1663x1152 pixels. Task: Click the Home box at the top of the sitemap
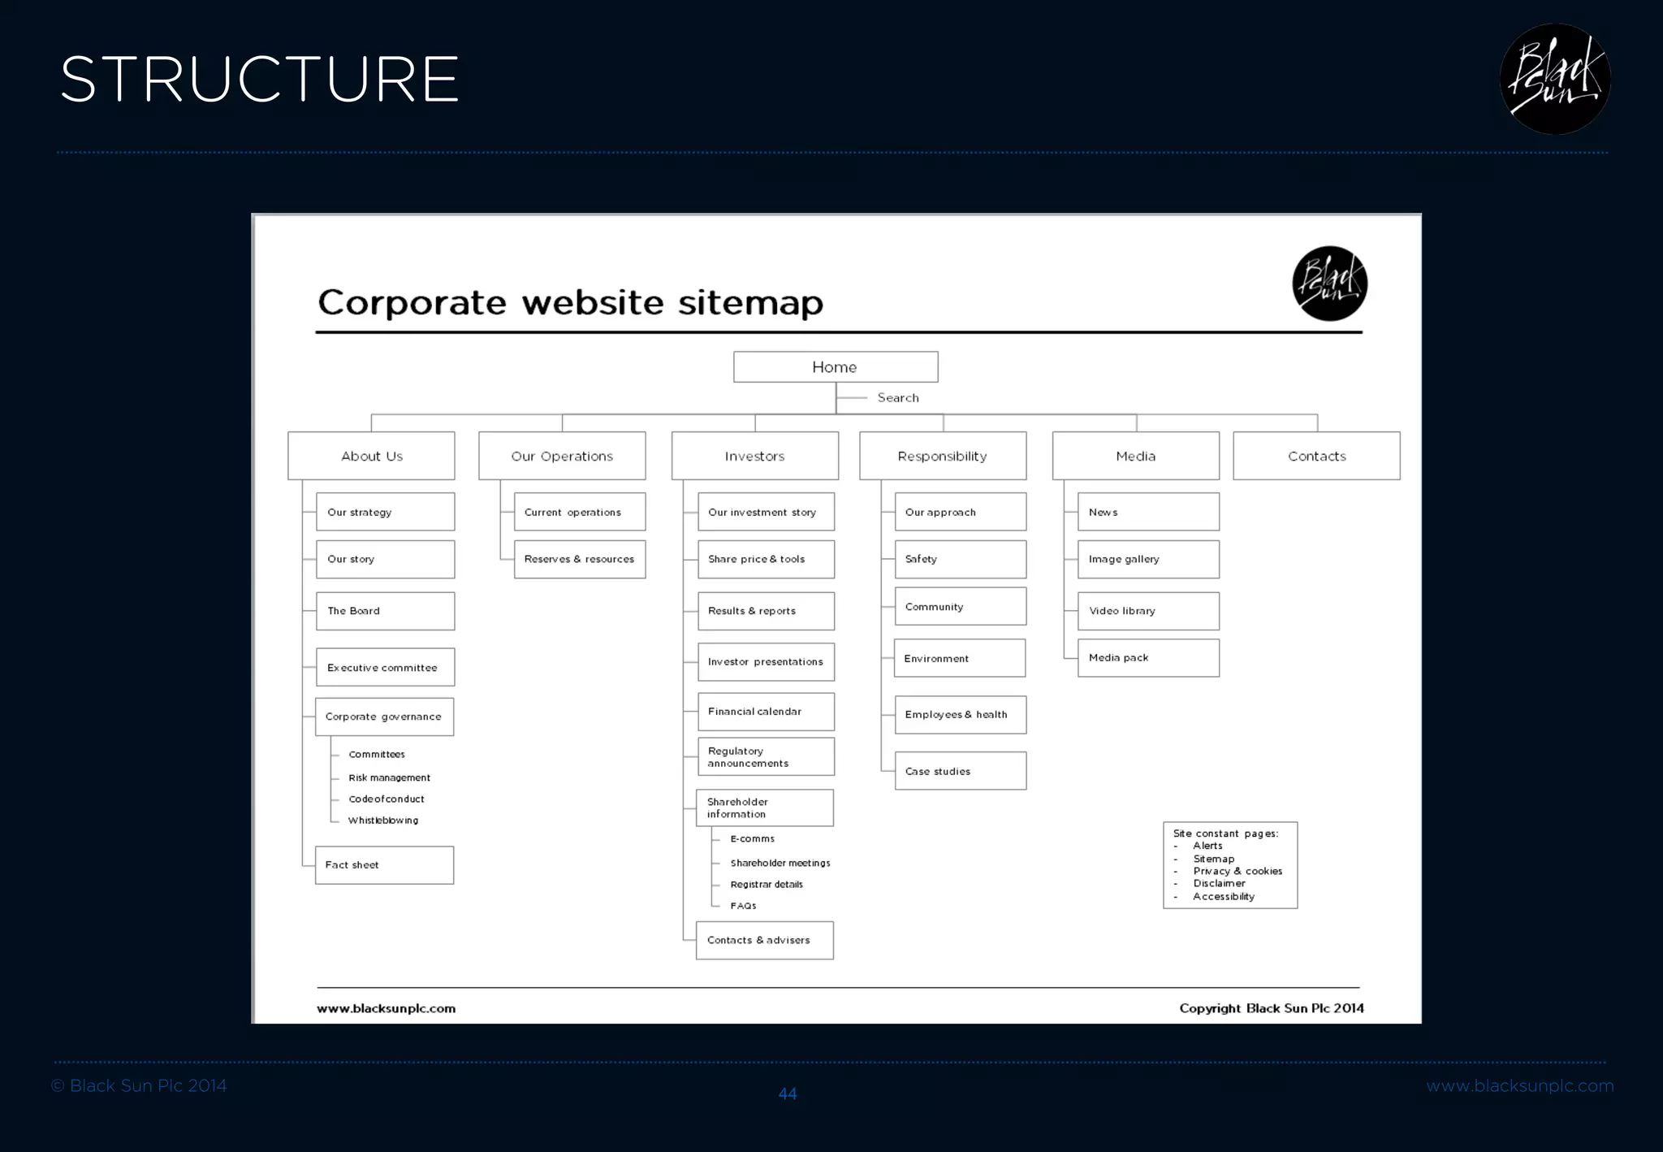click(835, 367)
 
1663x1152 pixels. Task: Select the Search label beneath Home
click(897, 398)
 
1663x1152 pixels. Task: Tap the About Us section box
click(371, 456)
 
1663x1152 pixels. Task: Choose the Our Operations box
click(562, 456)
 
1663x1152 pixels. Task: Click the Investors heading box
click(754, 456)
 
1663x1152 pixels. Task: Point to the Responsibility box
click(942, 456)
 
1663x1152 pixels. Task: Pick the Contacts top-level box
click(1316, 456)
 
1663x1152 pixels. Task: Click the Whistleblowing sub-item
click(383, 821)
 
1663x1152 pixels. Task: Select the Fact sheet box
click(384, 865)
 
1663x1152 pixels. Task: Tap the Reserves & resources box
click(580, 559)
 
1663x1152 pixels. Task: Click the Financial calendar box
click(766, 712)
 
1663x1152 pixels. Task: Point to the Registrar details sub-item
click(767, 885)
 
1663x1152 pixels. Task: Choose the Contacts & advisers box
click(764, 940)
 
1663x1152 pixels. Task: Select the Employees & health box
click(960, 715)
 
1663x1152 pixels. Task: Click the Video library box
click(1148, 611)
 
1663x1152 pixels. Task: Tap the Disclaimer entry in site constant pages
click(1219, 884)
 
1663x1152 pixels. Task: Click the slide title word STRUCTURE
click(260, 80)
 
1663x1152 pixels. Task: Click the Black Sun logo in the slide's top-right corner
click(1555, 79)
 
